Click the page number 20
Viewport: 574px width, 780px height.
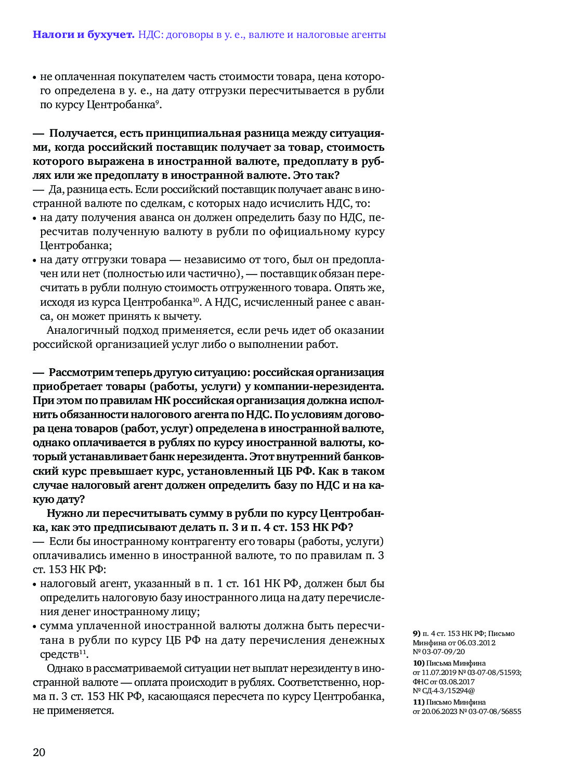39,752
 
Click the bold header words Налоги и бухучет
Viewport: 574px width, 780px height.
83,35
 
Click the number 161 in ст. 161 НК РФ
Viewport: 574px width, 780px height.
251,583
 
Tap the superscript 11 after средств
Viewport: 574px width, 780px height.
82,652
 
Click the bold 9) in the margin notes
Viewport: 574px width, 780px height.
416,633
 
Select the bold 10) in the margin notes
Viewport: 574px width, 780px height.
419,663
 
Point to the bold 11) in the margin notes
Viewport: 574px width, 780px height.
419,702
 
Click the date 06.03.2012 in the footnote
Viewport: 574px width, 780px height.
476,643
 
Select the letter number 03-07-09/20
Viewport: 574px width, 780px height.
443,652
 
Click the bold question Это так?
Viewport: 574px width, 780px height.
316,175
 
